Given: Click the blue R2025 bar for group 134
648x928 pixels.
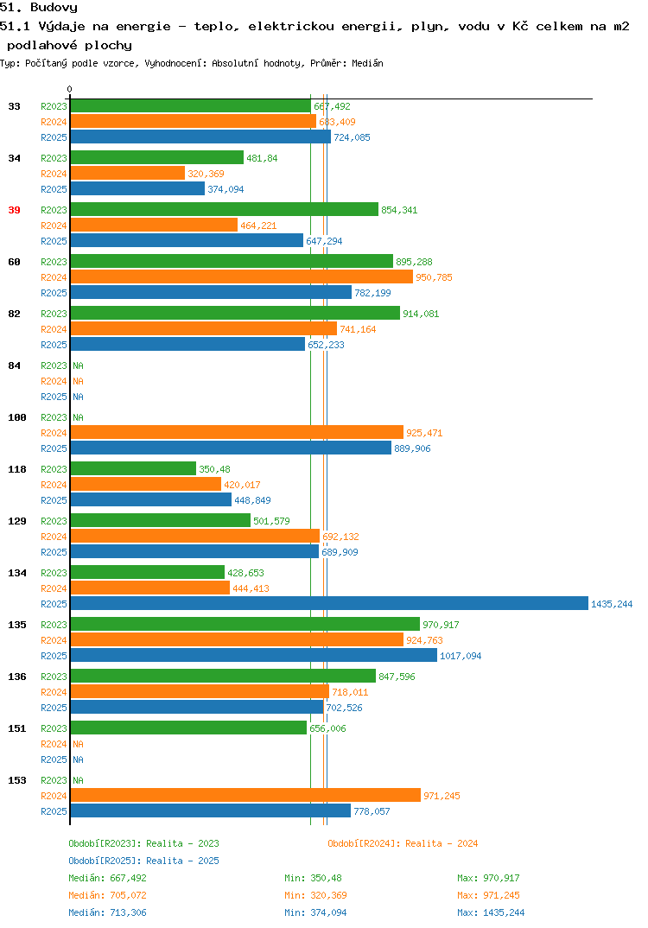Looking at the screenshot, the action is [330, 603].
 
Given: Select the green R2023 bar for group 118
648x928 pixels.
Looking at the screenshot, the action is [133, 468].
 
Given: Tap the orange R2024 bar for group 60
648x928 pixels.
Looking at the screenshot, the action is [242, 277].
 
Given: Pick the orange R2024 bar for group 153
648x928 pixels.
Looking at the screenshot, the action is [245, 796].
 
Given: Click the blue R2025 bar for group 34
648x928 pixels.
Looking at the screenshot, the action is [138, 188].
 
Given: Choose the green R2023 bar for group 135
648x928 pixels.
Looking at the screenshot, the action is [245, 624].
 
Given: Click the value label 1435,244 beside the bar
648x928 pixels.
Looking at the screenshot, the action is [612, 604].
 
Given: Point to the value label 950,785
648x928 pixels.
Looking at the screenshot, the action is [434, 277].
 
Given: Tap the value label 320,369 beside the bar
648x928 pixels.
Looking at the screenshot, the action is [206, 174].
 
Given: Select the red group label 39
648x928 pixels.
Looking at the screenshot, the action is [14, 210].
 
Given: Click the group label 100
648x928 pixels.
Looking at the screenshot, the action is [17, 417].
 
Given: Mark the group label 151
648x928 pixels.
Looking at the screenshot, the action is [17, 728].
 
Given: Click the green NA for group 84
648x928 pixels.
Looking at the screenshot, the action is [78, 365].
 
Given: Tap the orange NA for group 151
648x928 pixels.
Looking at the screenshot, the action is [78, 744].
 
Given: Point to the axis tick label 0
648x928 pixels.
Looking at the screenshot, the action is [69, 89].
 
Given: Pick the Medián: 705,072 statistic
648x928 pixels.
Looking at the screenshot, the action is [107, 895].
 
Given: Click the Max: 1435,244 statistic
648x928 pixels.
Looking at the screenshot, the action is [491, 912].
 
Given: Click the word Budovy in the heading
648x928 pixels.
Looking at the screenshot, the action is [54, 8].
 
